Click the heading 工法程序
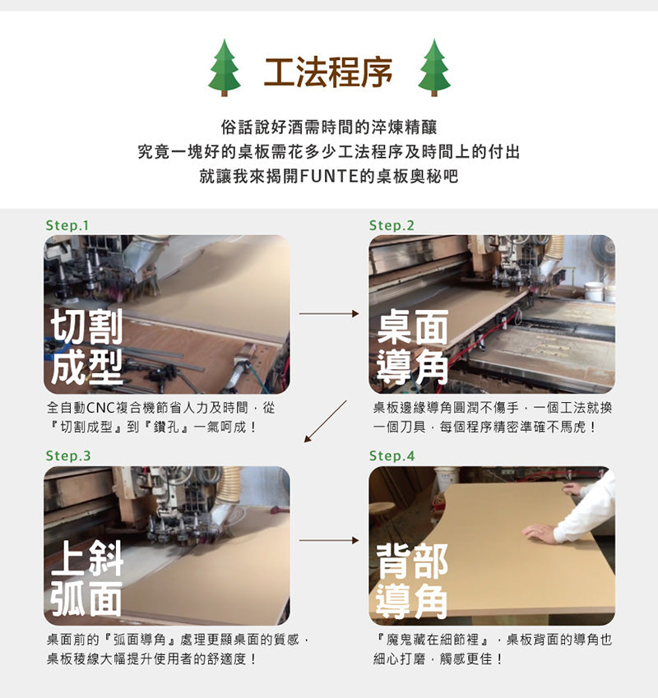coord(328,72)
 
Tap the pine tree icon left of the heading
coord(224,67)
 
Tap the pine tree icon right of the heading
coord(433,67)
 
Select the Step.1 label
coord(67,225)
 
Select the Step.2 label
coord(392,225)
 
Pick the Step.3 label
coord(67,455)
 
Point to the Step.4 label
coord(392,455)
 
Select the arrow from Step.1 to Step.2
coord(329,313)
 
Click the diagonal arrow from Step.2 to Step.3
coord(326,421)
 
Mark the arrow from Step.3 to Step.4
coord(329,540)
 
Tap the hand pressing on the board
coord(540,534)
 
